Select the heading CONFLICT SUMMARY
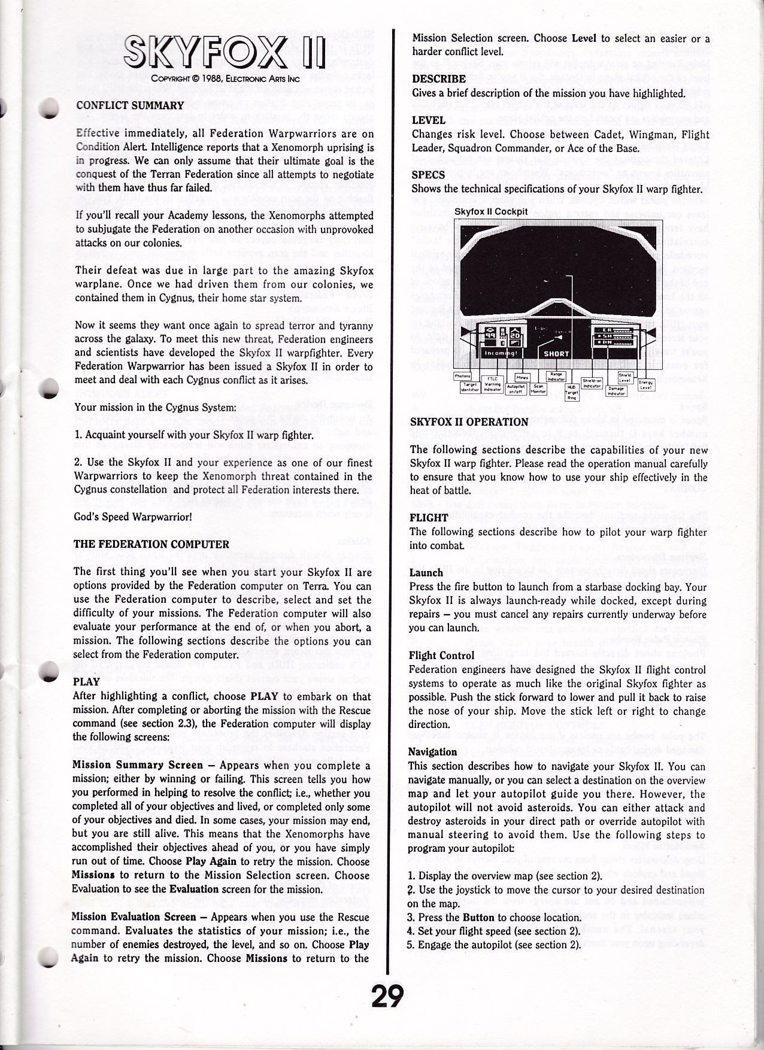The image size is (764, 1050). coord(130,106)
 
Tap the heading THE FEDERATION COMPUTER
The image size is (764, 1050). coord(151,544)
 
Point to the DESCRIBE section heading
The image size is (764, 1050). coord(439,79)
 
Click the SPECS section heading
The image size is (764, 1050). coord(428,175)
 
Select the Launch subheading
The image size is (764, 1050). coord(426,572)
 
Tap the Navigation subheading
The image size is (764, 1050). coord(432,752)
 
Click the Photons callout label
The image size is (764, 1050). coord(463,376)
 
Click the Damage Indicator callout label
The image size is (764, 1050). coord(617,390)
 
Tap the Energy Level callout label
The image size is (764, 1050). coord(645,384)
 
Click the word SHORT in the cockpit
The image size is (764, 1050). coord(556,354)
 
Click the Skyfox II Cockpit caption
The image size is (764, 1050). coord(490,212)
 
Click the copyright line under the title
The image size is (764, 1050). coord(225,78)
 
